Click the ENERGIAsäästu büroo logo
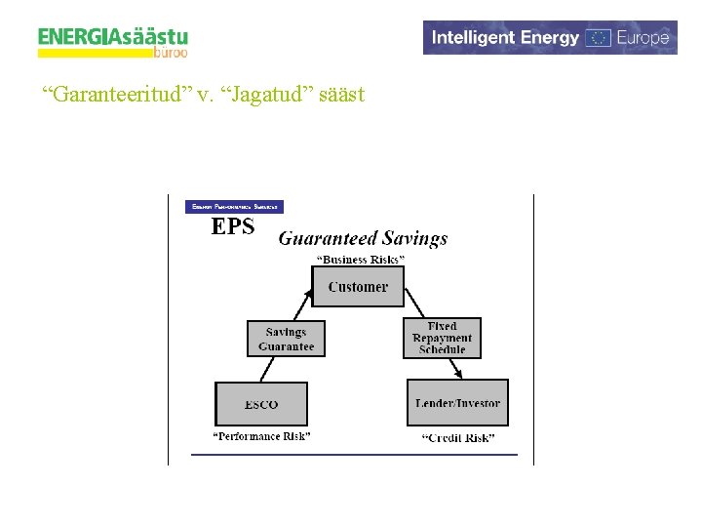pos(113,41)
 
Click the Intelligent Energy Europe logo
pos(550,38)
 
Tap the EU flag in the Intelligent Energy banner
pos(600,38)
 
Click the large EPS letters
pos(233,227)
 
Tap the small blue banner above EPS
pos(234,207)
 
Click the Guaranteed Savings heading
pos(363,238)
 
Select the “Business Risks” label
pos(361,260)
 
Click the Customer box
pos(357,287)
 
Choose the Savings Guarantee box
pos(286,339)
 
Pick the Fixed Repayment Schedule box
pos(442,339)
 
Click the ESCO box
pos(260,404)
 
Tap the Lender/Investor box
pos(457,403)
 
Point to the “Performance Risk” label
pos(261,437)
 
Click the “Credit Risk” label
pos(457,438)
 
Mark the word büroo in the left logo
pos(171,54)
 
